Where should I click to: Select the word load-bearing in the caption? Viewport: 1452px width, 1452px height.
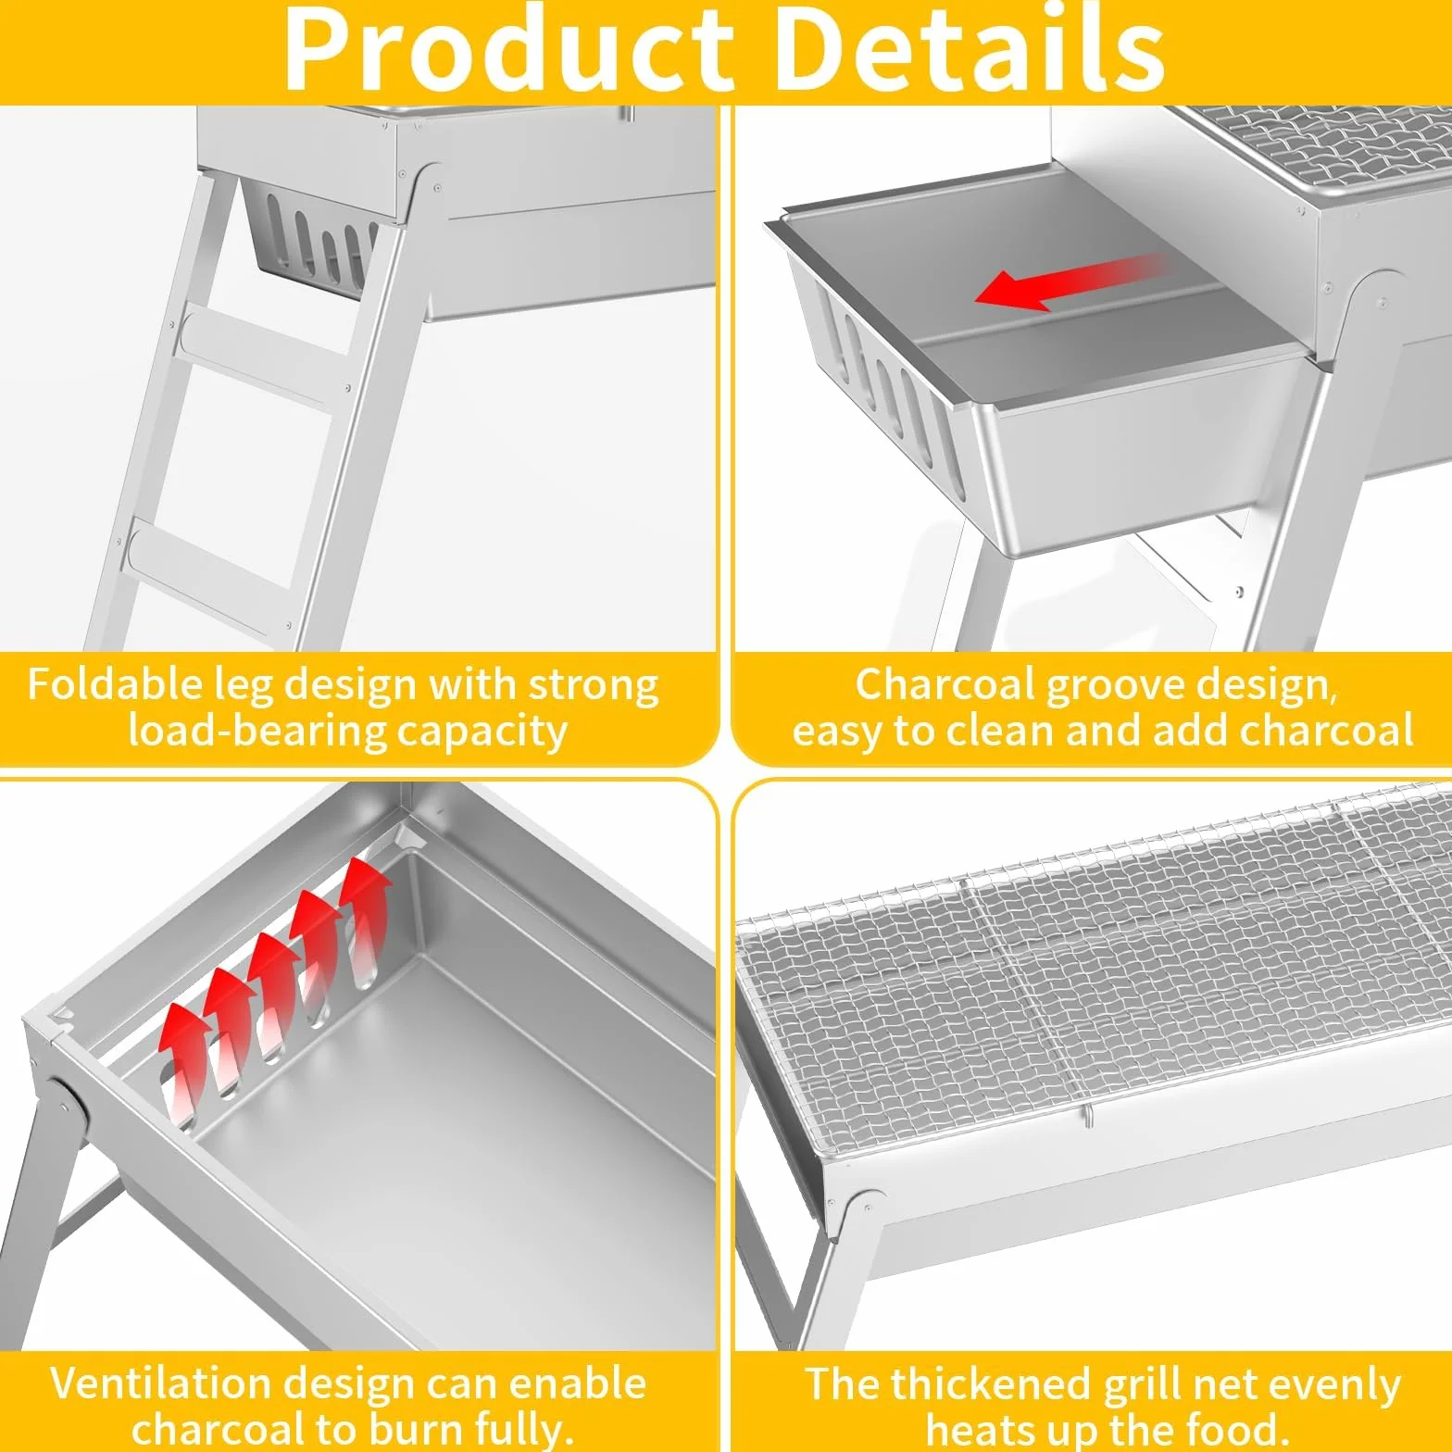click(256, 732)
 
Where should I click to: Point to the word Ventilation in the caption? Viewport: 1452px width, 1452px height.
click(159, 1383)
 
